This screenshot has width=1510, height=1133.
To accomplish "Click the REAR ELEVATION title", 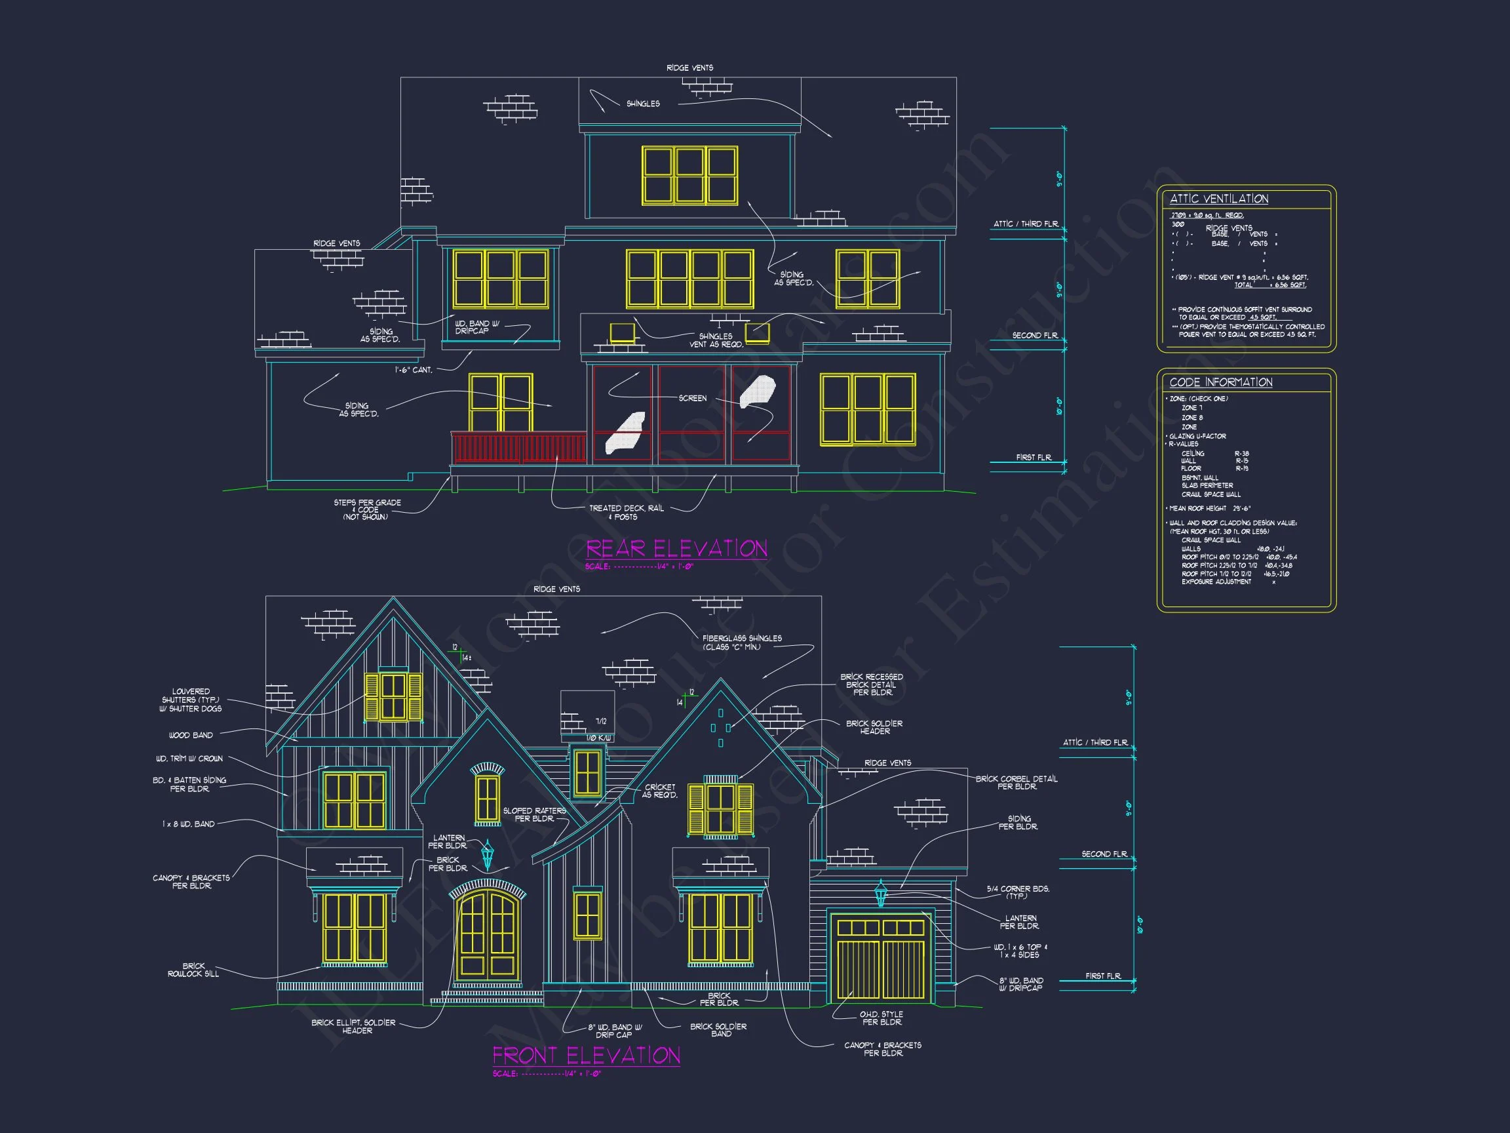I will (676, 549).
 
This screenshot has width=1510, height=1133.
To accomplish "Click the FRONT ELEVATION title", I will (587, 1056).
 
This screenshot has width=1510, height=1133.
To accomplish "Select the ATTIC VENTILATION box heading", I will (1218, 199).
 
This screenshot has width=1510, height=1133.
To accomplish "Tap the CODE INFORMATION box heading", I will (1220, 382).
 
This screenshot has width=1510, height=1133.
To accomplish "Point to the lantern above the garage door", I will (881, 893).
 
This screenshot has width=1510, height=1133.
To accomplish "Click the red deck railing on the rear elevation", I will (518, 448).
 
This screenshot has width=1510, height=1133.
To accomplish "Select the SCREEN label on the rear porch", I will (692, 398).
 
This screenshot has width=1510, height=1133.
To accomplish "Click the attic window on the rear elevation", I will (689, 176).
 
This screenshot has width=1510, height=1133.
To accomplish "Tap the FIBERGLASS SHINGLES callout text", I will (741, 643).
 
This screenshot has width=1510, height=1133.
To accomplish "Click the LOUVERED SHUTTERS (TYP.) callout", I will (191, 700).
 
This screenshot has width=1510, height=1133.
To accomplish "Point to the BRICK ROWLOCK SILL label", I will (193, 970).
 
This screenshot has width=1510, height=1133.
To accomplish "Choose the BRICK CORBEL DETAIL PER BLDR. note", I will (1016, 783).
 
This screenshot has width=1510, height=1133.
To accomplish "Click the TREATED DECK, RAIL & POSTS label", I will (625, 512).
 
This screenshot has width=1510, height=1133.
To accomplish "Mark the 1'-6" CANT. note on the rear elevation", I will (413, 370).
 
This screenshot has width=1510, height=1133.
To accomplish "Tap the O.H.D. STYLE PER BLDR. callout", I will (881, 1018).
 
